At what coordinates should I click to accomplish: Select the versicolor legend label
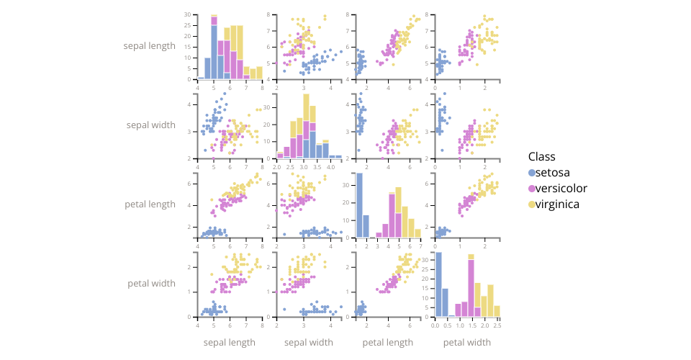click(x=561, y=189)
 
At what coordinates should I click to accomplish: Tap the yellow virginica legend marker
click(x=532, y=204)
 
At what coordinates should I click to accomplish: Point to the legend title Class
click(x=541, y=156)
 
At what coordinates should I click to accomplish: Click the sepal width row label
click(x=150, y=125)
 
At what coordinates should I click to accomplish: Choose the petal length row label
click(x=150, y=204)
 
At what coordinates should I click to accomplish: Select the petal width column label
click(x=467, y=342)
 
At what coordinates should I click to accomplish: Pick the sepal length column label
click(x=230, y=342)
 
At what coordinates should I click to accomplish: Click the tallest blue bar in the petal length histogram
click(x=358, y=206)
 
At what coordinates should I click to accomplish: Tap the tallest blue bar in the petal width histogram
click(x=438, y=284)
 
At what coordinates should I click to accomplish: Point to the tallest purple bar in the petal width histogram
click(x=471, y=288)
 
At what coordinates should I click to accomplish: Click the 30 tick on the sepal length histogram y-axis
click(x=188, y=14)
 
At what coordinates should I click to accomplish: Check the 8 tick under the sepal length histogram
click(x=263, y=86)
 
